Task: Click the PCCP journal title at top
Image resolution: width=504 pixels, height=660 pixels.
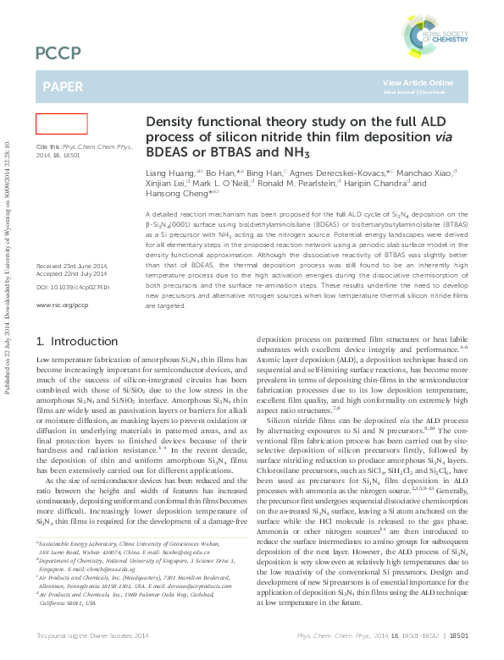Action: click(58, 54)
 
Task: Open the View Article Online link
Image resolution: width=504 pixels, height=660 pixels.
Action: click(418, 82)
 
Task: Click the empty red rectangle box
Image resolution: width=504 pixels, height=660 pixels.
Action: click(61, 124)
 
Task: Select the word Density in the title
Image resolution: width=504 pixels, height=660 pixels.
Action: click(171, 122)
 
